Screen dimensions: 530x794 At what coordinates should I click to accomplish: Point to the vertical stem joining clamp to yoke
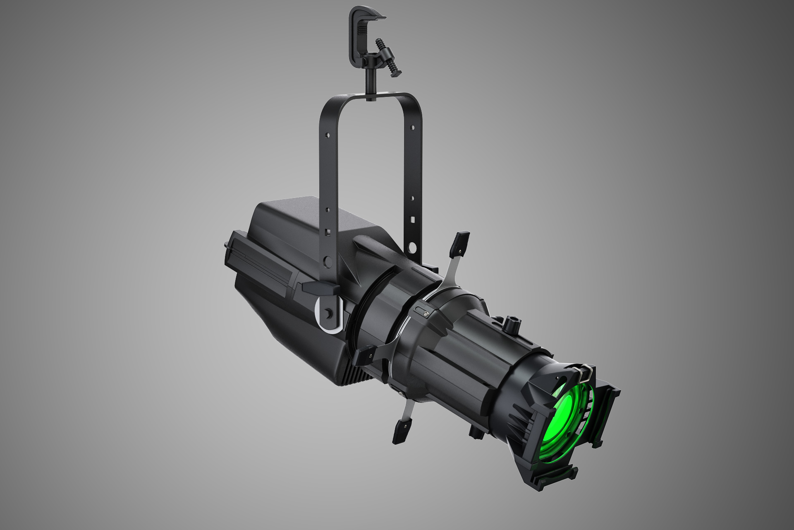coord(368,85)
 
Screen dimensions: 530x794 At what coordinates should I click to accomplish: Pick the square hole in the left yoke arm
coord(328,232)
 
